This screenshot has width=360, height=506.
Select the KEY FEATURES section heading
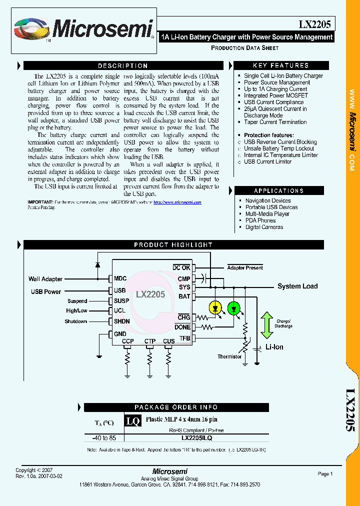coord(280,65)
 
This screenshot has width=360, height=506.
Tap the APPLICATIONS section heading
coord(278,190)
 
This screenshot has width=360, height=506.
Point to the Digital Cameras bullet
coord(264,227)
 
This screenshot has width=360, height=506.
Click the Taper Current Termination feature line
coord(275,122)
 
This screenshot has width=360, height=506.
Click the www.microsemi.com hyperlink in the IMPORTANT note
coord(177,202)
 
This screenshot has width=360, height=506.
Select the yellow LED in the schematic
coord(215,308)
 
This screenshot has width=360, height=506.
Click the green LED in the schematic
coord(233,308)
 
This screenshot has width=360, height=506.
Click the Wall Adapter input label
coord(45,279)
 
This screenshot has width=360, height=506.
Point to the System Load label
coord(297,286)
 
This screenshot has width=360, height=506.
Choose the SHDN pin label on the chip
coord(121,321)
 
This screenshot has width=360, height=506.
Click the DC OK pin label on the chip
coord(181,268)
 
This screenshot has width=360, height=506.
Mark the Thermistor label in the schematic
coord(229,356)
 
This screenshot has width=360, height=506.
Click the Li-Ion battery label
coord(274,347)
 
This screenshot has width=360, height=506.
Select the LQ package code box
coord(132,421)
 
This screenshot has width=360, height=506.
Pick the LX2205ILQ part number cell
coord(196,437)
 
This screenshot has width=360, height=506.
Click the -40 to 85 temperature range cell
coord(104,437)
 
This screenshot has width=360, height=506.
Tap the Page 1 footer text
coord(325,473)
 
